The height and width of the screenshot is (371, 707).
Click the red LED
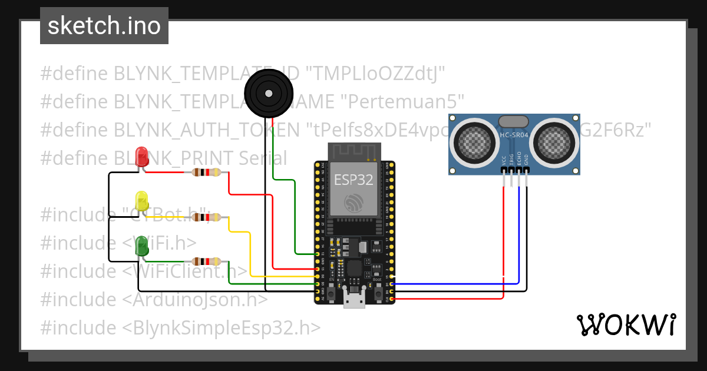[142, 156]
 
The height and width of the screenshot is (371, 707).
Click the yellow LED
[142, 201]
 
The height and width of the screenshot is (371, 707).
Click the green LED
[142, 245]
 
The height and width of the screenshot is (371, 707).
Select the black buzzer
[268, 92]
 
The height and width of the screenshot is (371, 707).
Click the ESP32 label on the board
[353, 180]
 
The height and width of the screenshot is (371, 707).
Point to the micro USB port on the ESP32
[354, 300]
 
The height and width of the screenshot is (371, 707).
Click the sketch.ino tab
[104, 26]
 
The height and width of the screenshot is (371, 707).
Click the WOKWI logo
[626, 324]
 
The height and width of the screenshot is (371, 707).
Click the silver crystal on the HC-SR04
[513, 121]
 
